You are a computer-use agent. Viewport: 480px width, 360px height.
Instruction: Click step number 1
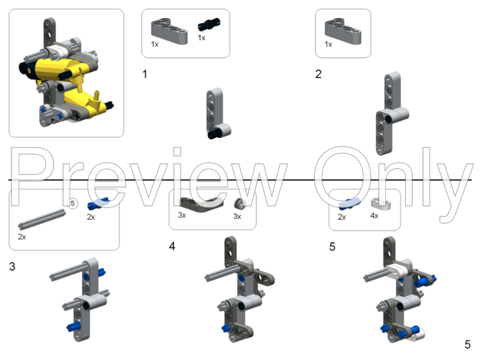tap(145, 74)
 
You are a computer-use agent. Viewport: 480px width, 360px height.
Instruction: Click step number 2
tap(318, 74)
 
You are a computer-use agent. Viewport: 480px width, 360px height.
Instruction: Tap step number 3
tap(13, 266)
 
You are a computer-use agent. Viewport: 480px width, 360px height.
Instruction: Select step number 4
tap(172, 247)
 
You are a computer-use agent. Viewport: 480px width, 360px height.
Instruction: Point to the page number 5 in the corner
tap(467, 344)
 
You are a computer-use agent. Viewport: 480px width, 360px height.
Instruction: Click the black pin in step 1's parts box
tap(207, 26)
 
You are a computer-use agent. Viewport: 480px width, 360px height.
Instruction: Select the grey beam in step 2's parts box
tap(343, 29)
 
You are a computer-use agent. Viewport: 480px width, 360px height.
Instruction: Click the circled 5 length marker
tap(72, 204)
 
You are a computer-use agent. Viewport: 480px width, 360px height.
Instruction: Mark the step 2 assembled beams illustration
tap(390, 114)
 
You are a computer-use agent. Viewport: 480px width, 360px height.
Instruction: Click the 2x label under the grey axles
tap(22, 237)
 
